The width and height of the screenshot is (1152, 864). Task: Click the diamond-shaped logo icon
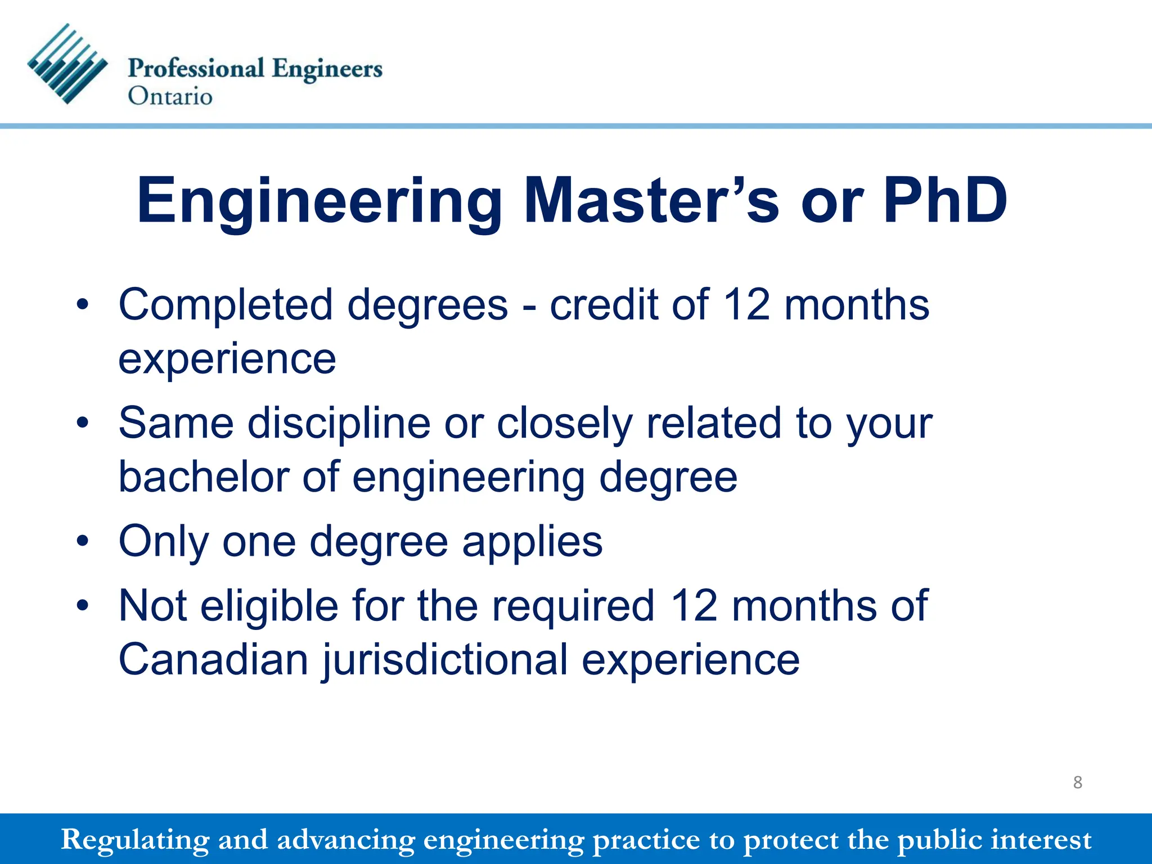pos(67,64)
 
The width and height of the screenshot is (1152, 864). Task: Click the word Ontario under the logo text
pos(170,96)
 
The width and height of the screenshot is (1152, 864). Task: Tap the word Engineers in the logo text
pos(327,69)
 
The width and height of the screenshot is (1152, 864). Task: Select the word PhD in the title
pos(945,201)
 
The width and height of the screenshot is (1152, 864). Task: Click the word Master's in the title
pos(652,201)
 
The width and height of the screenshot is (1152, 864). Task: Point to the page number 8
pos(1077,782)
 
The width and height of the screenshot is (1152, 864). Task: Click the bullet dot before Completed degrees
pos(83,305)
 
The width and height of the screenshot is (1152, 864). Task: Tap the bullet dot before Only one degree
pos(83,542)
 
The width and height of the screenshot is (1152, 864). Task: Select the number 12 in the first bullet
pos(746,305)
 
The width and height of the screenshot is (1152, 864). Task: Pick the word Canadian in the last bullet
pos(213,660)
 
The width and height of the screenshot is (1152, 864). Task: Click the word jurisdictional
pos(445,660)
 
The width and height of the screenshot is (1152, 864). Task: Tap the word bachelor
pos(204,477)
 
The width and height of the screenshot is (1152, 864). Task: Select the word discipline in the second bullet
pos(339,423)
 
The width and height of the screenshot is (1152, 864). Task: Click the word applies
pos(532,542)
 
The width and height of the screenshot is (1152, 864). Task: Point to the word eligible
pos(269,606)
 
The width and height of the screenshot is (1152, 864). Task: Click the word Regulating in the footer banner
pos(134,840)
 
